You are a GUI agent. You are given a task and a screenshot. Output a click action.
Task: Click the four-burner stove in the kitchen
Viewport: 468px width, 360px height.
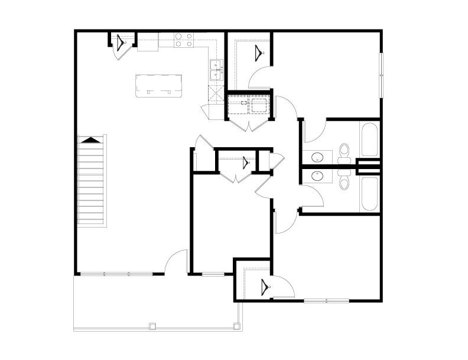click(184, 40)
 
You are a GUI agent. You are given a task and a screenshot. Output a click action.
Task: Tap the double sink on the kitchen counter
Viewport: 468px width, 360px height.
click(215, 70)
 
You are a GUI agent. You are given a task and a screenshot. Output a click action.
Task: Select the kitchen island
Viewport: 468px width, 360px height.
click(158, 85)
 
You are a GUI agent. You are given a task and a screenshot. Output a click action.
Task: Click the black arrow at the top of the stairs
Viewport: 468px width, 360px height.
click(90, 140)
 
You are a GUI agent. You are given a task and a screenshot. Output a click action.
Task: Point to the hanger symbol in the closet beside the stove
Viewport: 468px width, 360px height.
click(122, 43)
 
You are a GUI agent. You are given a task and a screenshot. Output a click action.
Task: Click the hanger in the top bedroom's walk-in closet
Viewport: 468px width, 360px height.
click(259, 53)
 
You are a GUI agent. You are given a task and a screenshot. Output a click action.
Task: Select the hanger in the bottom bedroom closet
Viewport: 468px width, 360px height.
click(264, 288)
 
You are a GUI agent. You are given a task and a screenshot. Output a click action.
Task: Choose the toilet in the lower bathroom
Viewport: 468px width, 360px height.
click(344, 180)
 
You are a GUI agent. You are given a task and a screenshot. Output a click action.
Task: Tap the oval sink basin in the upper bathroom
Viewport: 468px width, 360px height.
click(317, 157)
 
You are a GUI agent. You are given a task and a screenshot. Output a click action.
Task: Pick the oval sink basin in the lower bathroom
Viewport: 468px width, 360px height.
click(317, 176)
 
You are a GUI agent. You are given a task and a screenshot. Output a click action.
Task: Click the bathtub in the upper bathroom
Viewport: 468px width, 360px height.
click(369, 140)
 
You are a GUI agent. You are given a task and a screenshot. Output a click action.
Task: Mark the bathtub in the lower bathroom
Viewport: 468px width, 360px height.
click(369, 194)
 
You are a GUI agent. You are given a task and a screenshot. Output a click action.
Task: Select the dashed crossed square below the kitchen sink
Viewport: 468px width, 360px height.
click(213, 91)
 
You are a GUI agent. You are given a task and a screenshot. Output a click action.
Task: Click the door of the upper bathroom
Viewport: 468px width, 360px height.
click(314, 128)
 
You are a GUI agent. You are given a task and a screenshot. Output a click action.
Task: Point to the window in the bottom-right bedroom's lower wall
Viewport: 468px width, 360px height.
click(326, 301)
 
